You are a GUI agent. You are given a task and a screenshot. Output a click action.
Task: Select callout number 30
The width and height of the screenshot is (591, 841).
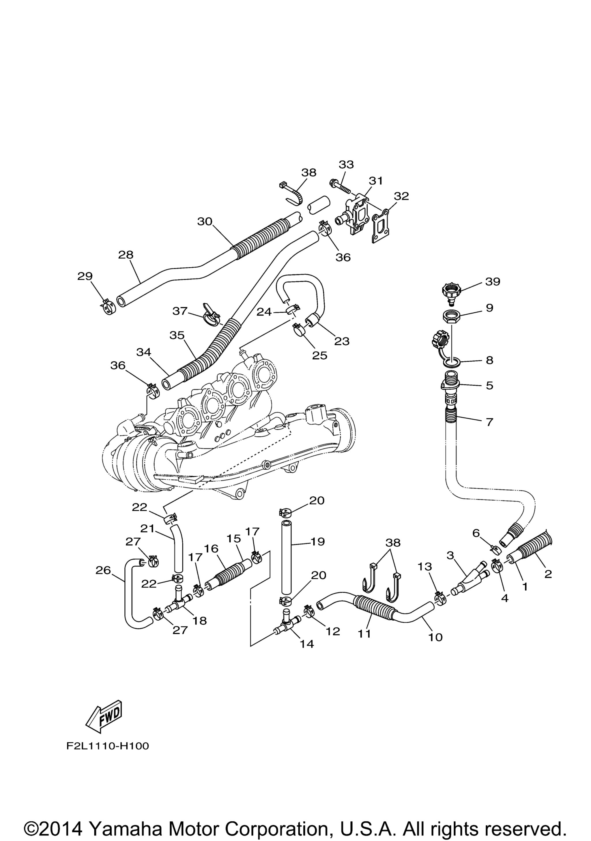tap(205, 221)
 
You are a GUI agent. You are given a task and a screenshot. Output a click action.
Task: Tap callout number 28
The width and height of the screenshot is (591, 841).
tap(126, 255)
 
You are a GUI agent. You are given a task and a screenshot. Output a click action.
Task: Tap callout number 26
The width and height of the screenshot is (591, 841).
tap(103, 570)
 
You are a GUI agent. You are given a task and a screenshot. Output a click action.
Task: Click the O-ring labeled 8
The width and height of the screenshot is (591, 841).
tap(451, 363)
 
